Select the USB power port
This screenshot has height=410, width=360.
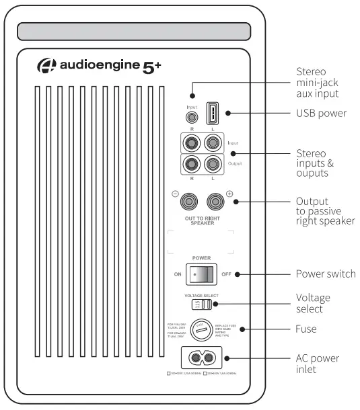[x=213, y=112]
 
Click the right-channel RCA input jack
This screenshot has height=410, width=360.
[x=191, y=143]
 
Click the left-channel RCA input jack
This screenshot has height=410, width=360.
[x=213, y=143]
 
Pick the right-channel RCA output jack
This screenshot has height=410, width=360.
[x=191, y=165]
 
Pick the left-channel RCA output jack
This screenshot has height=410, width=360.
[x=213, y=165]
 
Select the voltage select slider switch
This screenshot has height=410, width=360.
[x=206, y=304]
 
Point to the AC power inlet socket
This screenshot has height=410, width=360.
[x=202, y=360]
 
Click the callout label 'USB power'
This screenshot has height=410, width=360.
[x=321, y=113]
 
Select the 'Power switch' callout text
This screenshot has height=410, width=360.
[x=326, y=274]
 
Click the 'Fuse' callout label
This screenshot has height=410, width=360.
[x=307, y=329]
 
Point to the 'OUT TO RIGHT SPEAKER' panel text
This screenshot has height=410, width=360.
[x=202, y=222]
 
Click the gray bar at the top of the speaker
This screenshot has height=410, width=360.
[x=134, y=32]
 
